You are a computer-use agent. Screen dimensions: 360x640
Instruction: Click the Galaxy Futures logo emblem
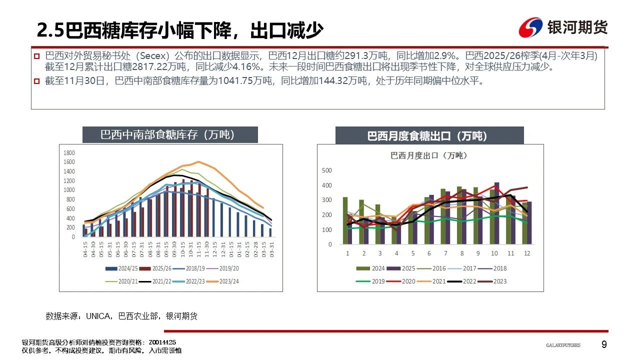pyautogui.click(x=530, y=27)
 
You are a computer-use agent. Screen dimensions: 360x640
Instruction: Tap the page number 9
pyautogui.click(x=604, y=344)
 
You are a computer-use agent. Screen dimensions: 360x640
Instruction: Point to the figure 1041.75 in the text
pyautogui.click(x=231, y=80)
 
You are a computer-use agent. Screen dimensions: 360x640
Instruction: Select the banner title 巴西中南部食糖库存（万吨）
pyautogui.click(x=170, y=135)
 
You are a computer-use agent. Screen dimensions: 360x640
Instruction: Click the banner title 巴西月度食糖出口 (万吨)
pyautogui.click(x=429, y=135)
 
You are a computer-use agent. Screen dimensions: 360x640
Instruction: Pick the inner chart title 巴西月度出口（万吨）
pyautogui.click(x=428, y=155)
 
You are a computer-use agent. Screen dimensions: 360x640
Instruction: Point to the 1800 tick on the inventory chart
pyautogui.click(x=69, y=153)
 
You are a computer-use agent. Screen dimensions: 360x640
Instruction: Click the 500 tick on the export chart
pyautogui.click(x=327, y=170)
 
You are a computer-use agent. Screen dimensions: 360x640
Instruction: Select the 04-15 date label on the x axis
pyautogui.click(x=85, y=250)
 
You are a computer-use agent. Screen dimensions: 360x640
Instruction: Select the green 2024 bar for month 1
pyautogui.click(x=345, y=220)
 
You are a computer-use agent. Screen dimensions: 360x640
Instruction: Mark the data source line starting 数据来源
pyautogui.click(x=121, y=316)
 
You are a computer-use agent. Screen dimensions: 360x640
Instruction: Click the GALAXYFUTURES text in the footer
pyautogui.click(x=563, y=345)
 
